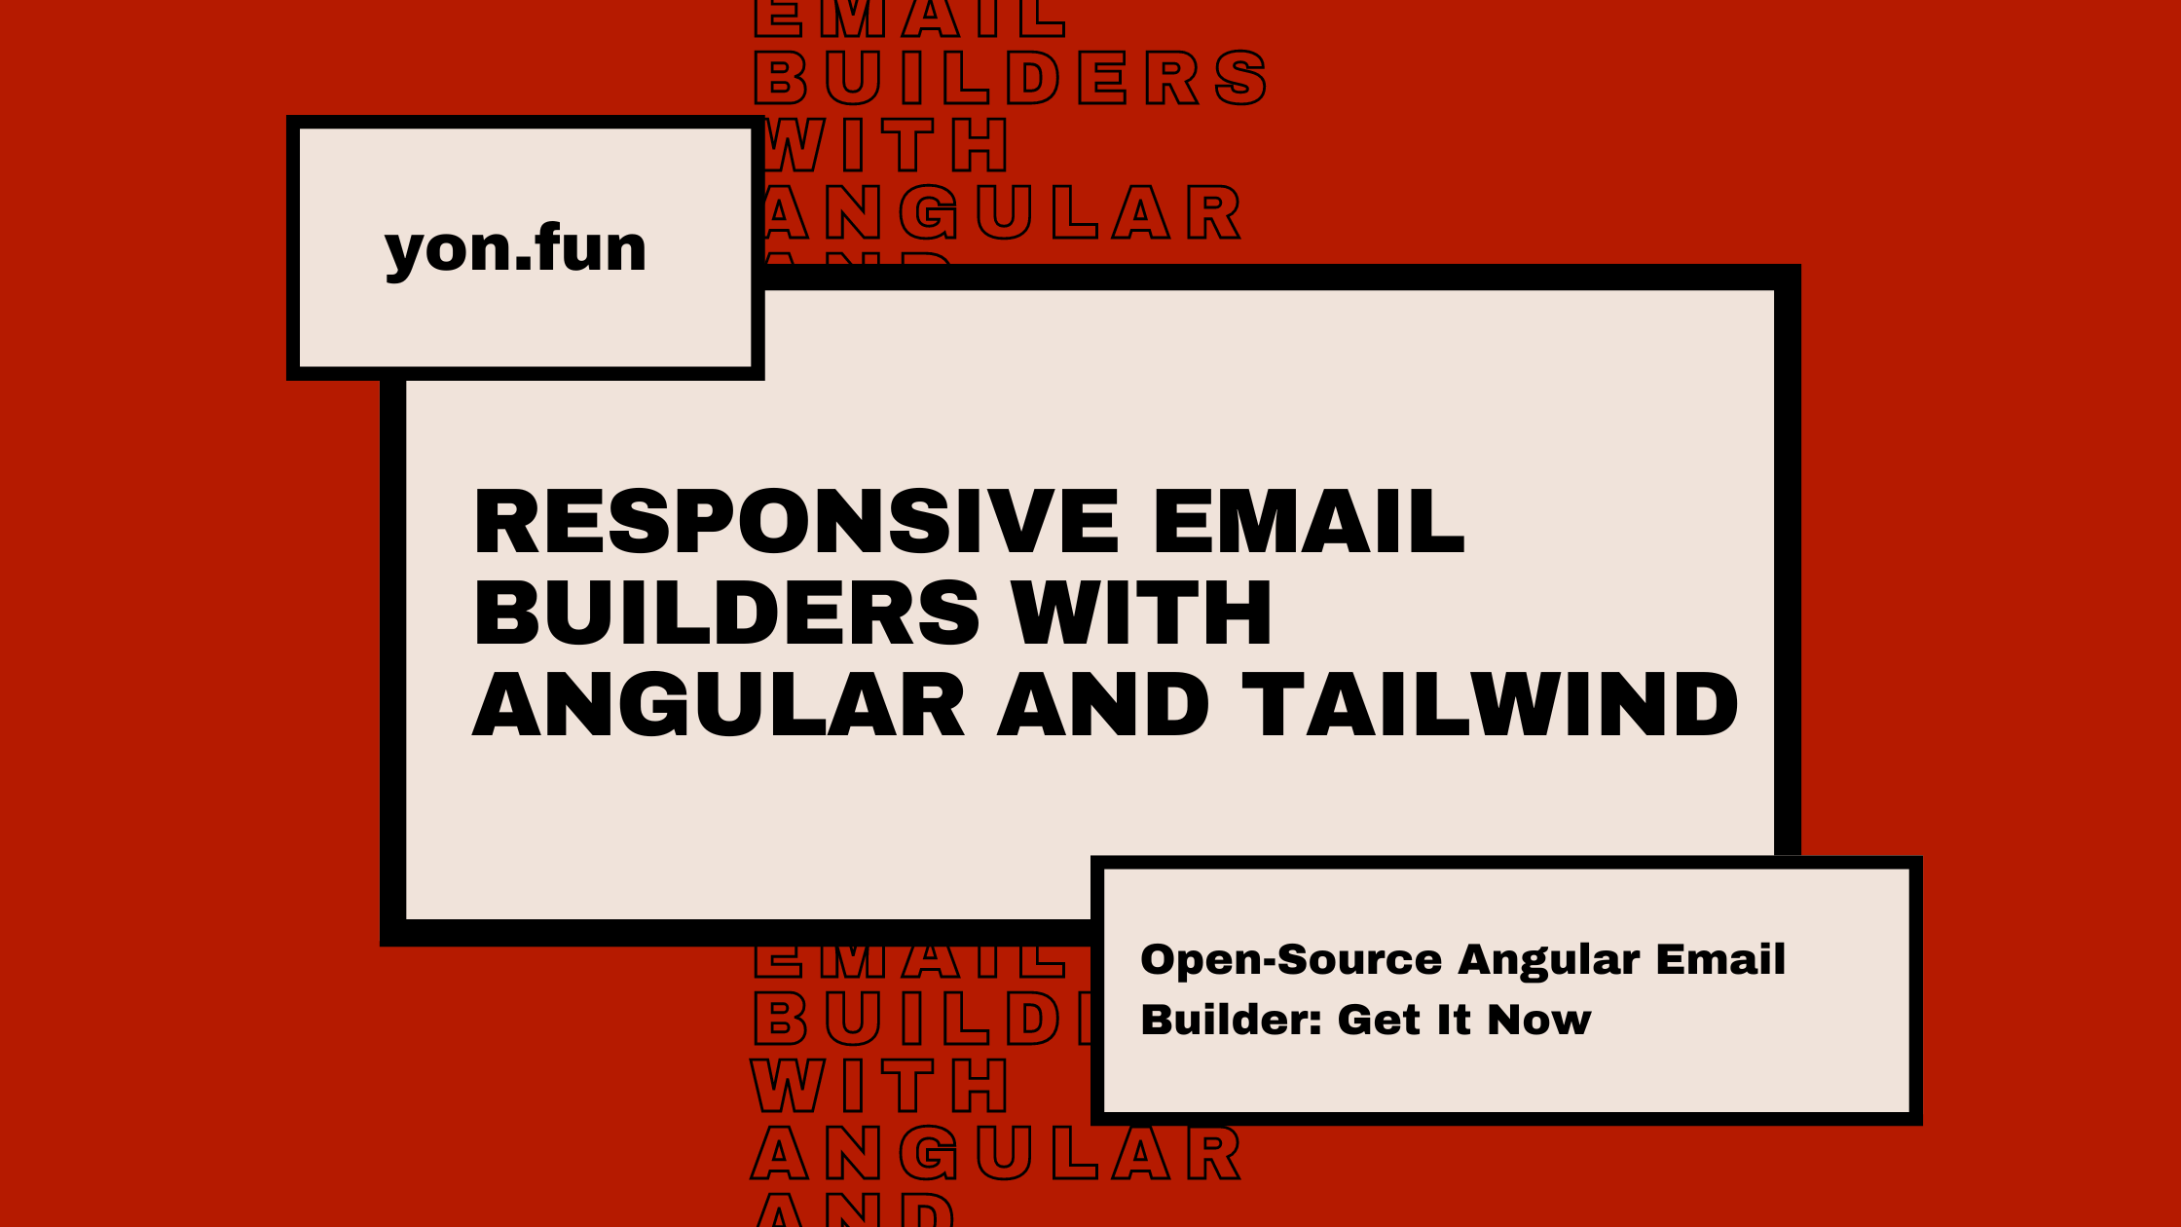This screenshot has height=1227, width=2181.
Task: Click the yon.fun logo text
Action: pos(515,249)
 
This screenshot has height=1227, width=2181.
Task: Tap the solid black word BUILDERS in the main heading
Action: pos(726,613)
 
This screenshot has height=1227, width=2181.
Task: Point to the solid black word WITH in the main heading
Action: pos(1141,613)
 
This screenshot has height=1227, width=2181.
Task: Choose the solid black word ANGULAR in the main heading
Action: pos(719,705)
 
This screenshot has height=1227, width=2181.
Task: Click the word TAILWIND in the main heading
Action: pos(1490,705)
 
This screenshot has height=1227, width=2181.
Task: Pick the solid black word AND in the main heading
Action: pos(1103,705)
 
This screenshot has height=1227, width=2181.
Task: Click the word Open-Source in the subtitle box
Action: pos(1290,959)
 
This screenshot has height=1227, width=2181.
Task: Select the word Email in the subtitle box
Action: pos(1720,959)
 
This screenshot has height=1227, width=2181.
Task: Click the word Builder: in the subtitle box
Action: pos(1232,1020)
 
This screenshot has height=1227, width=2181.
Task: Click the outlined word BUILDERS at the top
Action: pos(1011,78)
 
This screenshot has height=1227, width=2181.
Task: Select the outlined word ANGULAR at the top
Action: pos(1000,212)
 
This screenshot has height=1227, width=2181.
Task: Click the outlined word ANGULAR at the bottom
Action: pos(996,1154)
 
